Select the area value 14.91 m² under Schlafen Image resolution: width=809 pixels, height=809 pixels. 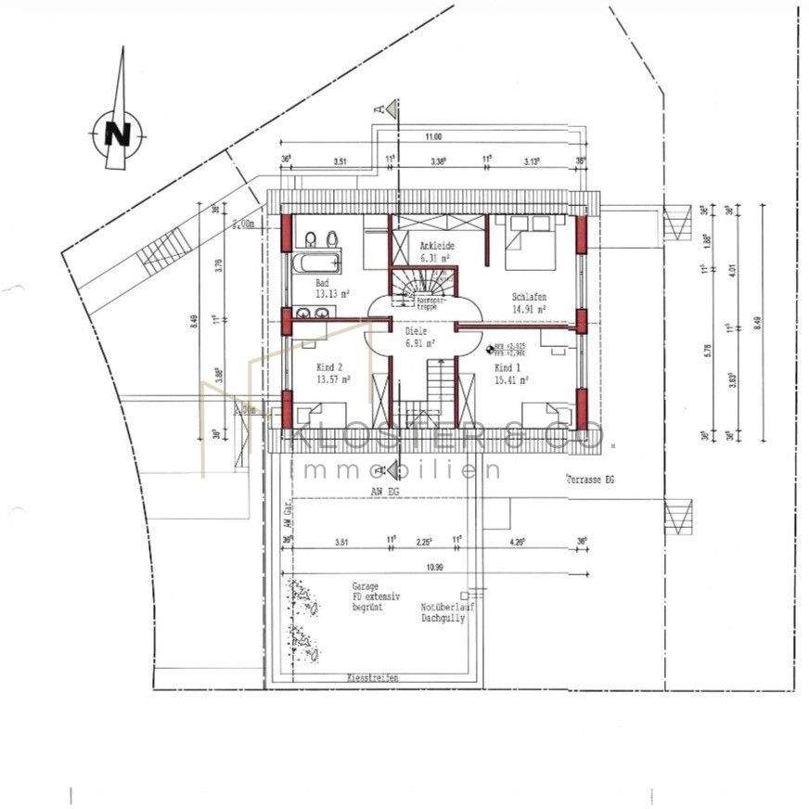click(x=528, y=311)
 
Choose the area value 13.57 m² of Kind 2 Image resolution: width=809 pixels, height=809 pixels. click(x=332, y=379)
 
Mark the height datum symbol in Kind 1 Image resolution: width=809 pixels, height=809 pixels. click(x=490, y=348)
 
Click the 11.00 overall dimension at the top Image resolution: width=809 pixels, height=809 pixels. click(x=433, y=137)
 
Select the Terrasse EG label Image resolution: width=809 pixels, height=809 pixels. click(x=590, y=480)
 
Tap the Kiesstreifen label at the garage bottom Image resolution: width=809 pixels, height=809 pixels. click(x=372, y=679)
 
